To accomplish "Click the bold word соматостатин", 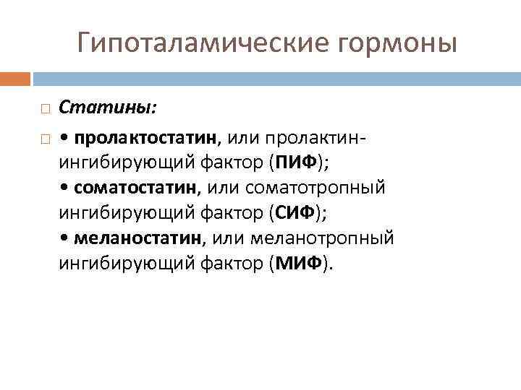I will click(x=144, y=188).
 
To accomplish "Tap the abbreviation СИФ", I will click(x=295, y=213).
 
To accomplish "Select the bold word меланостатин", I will click(x=142, y=238).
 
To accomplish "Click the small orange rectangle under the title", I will click(x=15, y=78).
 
